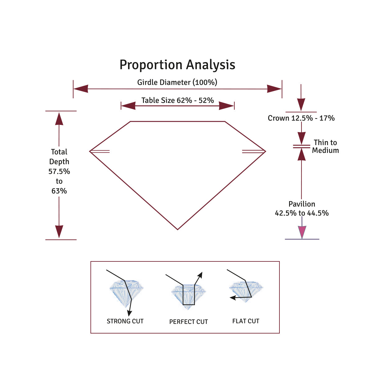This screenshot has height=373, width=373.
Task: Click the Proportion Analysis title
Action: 177,65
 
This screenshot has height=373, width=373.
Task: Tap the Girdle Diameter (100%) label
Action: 177,82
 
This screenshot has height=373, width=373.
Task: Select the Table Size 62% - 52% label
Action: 177,100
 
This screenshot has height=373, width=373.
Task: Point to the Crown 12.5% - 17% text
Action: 301,118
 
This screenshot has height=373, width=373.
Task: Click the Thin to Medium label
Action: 325,146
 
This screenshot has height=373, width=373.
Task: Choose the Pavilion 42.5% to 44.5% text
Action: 302,209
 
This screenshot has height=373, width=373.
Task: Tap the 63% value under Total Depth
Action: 59,191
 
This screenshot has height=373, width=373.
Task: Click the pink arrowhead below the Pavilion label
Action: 302,232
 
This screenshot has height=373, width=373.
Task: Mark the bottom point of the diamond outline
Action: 177,229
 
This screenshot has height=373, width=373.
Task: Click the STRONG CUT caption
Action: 125,321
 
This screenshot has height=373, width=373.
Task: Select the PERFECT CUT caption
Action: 188,322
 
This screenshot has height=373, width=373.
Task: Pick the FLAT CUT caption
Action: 246,321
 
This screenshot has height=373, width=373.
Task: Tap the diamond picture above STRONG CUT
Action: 127,292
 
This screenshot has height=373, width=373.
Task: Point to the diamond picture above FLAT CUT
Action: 246,291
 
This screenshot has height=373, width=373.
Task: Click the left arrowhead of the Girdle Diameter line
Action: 81,89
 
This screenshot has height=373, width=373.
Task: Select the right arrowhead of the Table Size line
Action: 227,106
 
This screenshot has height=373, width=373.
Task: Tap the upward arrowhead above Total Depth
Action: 59,119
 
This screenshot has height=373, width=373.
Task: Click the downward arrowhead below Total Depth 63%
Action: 59,232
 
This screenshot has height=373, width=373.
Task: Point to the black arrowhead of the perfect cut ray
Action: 200,275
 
